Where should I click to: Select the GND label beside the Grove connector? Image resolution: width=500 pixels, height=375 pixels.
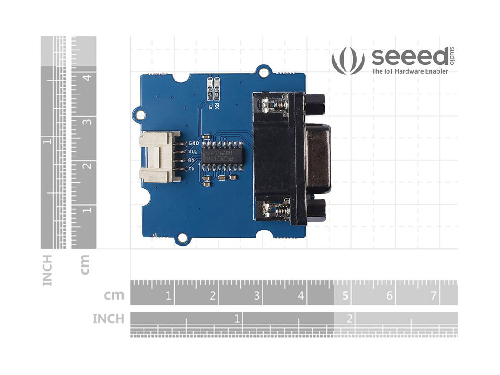pyautogui.click(x=194, y=143)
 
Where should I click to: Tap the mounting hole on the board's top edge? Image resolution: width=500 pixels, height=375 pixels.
pyautogui.click(x=264, y=72)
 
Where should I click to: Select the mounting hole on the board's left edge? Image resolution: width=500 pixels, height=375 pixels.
pyautogui.click(x=137, y=112)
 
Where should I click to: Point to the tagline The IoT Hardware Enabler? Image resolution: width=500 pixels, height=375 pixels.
pyautogui.click(x=403, y=71)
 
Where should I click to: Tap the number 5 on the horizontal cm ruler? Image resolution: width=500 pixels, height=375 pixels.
pyautogui.click(x=345, y=295)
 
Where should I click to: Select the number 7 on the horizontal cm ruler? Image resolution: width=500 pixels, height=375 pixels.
pyautogui.click(x=433, y=295)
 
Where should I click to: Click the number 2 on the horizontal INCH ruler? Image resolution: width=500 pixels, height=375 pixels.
pyautogui.click(x=350, y=319)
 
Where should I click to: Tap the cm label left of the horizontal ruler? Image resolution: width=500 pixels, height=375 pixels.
pyautogui.click(x=114, y=295)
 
